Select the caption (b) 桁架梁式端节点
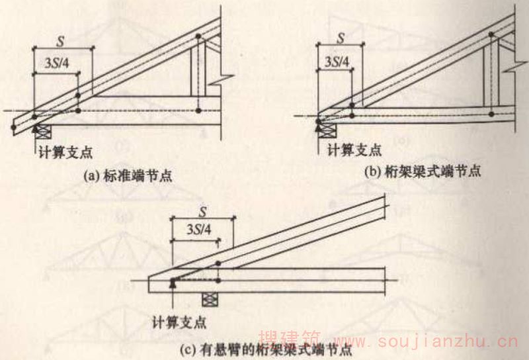(x=423, y=171)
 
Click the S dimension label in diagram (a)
(x=61, y=42)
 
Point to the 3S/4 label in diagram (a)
(x=57, y=62)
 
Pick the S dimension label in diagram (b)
(x=341, y=38)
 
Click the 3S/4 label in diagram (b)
(x=337, y=62)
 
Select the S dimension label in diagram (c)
(x=202, y=212)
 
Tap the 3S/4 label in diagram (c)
(x=200, y=230)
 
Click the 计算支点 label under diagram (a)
(x=65, y=152)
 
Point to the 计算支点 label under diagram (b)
(x=354, y=149)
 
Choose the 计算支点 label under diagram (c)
(x=179, y=322)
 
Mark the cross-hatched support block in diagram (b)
(x=327, y=130)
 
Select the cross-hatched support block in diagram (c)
(x=210, y=300)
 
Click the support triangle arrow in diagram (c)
(x=173, y=285)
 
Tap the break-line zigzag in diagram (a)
(x=221, y=79)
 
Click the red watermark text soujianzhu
(x=448, y=341)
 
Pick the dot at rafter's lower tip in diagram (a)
(x=13, y=127)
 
